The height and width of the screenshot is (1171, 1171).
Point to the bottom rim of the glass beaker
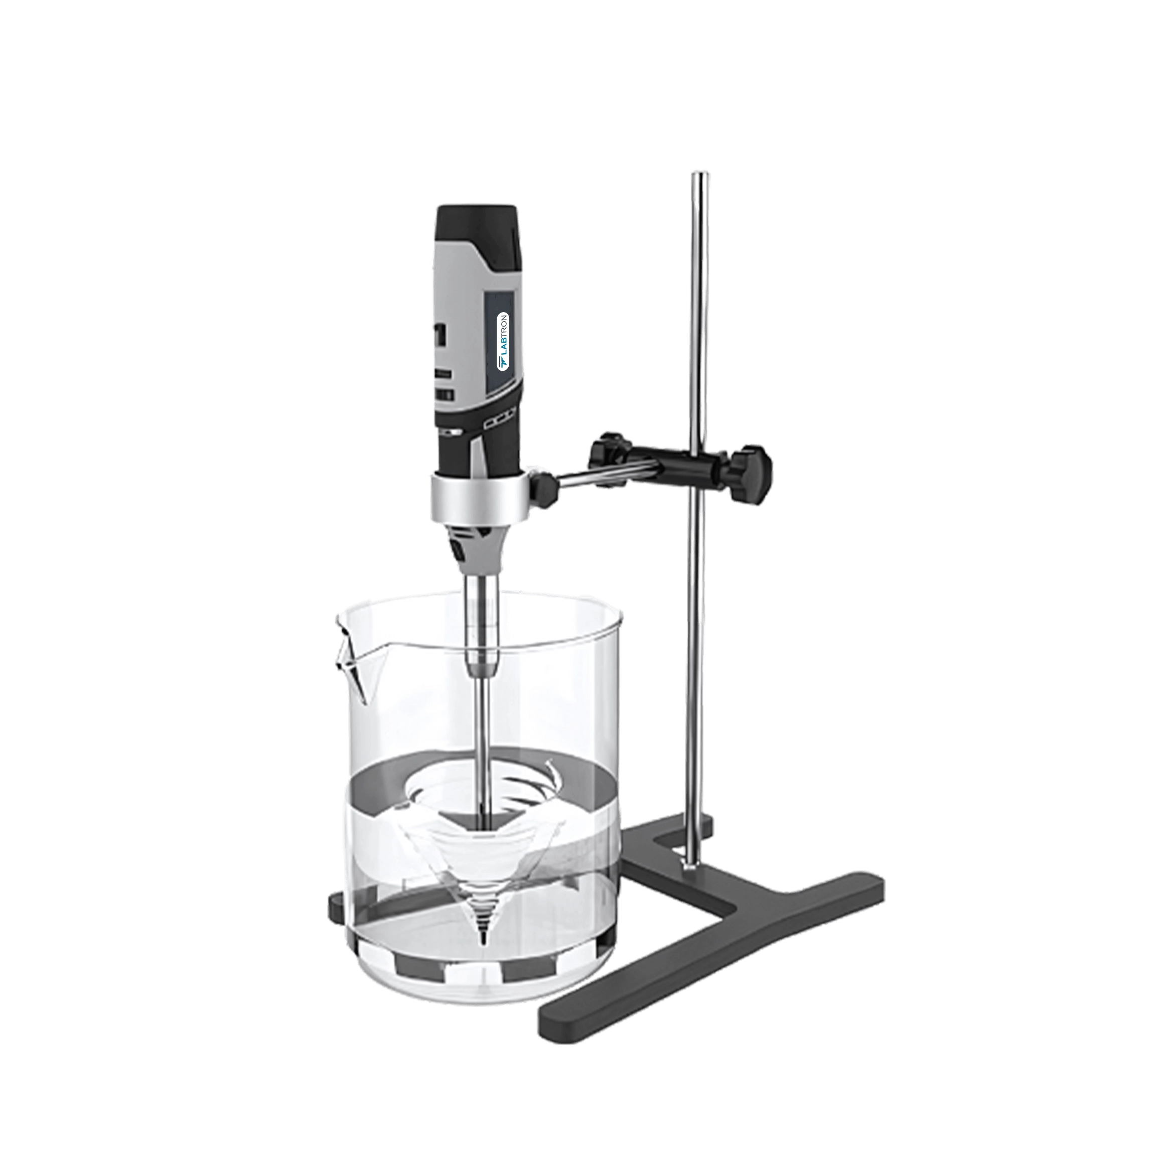479,1003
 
